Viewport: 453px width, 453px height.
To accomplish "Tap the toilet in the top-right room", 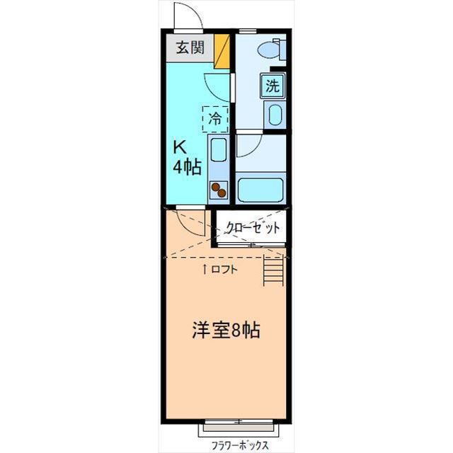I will (x=270, y=49).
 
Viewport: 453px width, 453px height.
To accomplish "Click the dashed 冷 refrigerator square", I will (x=215, y=118).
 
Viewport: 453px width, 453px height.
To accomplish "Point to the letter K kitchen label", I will (x=181, y=147).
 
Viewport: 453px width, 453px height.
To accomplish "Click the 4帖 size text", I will (x=187, y=168).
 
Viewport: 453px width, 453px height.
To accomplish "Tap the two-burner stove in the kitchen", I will (x=218, y=190).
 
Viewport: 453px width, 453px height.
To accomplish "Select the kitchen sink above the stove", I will (x=218, y=150).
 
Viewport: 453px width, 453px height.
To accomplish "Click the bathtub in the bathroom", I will (x=260, y=189).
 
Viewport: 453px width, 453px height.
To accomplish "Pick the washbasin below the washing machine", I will (x=273, y=114).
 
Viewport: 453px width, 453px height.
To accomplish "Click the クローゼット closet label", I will (x=253, y=228).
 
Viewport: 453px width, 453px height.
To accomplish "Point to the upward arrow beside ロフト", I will (x=206, y=269).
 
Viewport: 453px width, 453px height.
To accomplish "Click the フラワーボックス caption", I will (x=239, y=446).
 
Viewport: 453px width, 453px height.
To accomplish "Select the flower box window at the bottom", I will (x=238, y=428).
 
